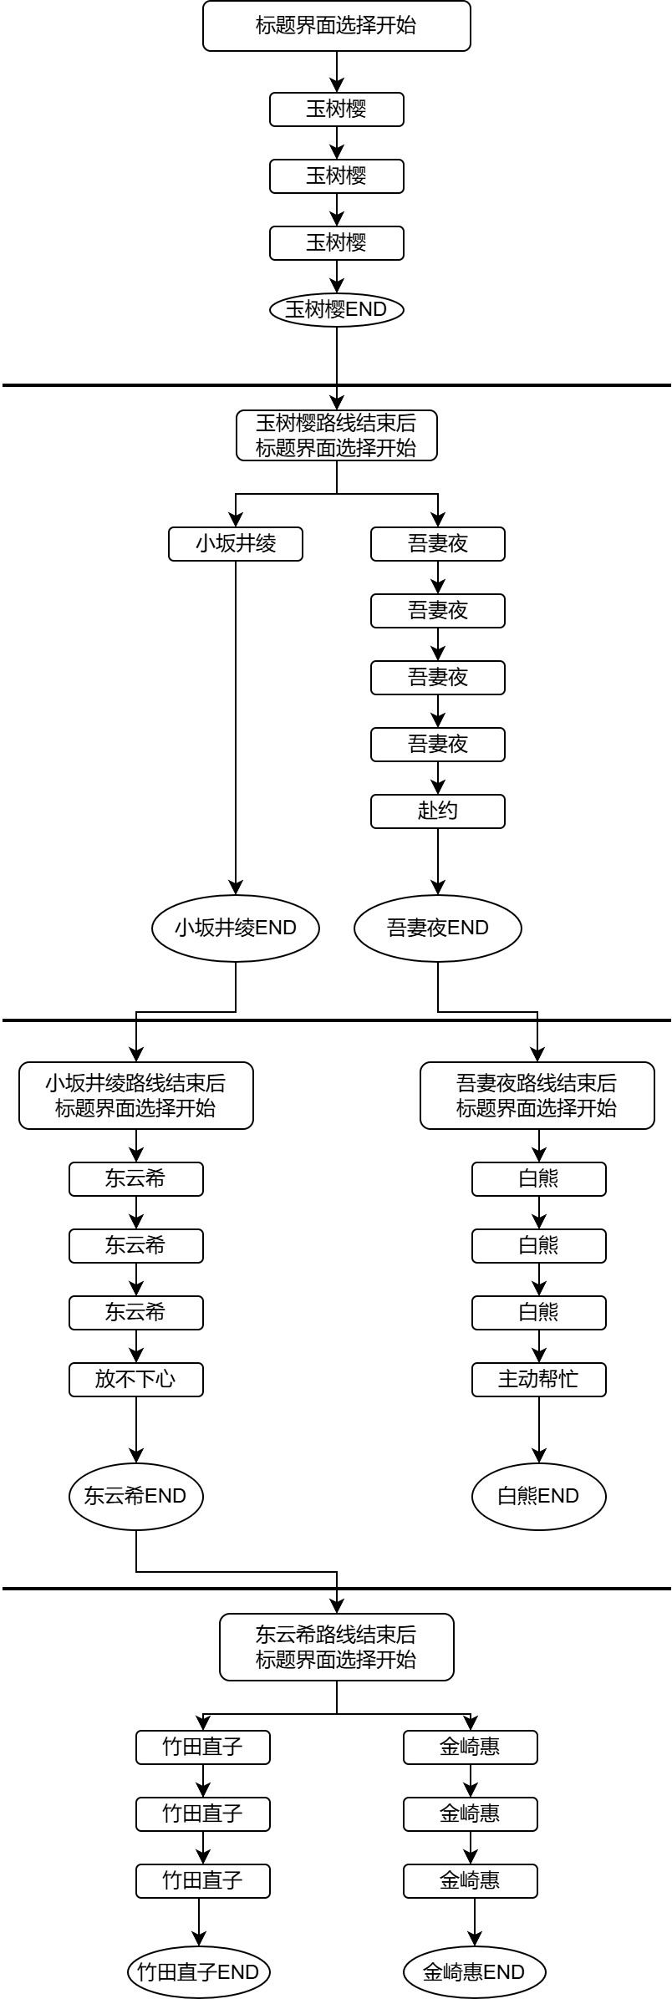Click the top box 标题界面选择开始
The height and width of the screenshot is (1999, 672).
pyautogui.click(x=337, y=26)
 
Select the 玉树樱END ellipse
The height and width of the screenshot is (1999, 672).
pyautogui.click(x=337, y=310)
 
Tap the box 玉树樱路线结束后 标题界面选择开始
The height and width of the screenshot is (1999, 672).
pyautogui.click(x=337, y=435)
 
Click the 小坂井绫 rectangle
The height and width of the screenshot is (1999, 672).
pyautogui.click(x=236, y=544)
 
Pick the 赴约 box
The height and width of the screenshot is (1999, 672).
pyautogui.click(x=438, y=811)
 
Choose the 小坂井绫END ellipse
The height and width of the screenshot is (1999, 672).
pyautogui.click(x=236, y=928)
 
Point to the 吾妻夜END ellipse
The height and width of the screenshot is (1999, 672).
pyautogui.click(x=438, y=928)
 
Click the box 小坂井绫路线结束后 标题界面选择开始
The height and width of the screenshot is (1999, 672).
pyautogui.click(x=136, y=1096)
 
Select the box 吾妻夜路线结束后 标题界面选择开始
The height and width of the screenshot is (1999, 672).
pyautogui.click(x=537, y=1096)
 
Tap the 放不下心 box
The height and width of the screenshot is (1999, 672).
pyautogui.click(x=136, y=1380)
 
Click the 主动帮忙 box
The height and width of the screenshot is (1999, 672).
pyautogui.click(x=539, y=1380)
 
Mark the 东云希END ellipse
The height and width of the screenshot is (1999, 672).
pyautogui.click(x=136, y=1496)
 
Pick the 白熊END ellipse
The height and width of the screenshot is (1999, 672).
pyautogui.click(x=539, y=1496)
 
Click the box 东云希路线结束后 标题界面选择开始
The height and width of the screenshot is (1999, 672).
pyautogui.click(x=337, y=1647)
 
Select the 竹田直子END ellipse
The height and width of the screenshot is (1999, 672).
pyautogui.click(x=199, y=1972)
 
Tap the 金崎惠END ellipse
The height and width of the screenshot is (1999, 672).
pyautogui.click(x=475, y=1972)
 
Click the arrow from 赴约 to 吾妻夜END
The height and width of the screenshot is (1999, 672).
pyautogui.click(x=438, y=862)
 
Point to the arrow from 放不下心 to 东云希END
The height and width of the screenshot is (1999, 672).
pyautogui.click(x=136, y=1430)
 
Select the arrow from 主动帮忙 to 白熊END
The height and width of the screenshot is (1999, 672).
pyautogui.click(x=539, y=1430)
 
